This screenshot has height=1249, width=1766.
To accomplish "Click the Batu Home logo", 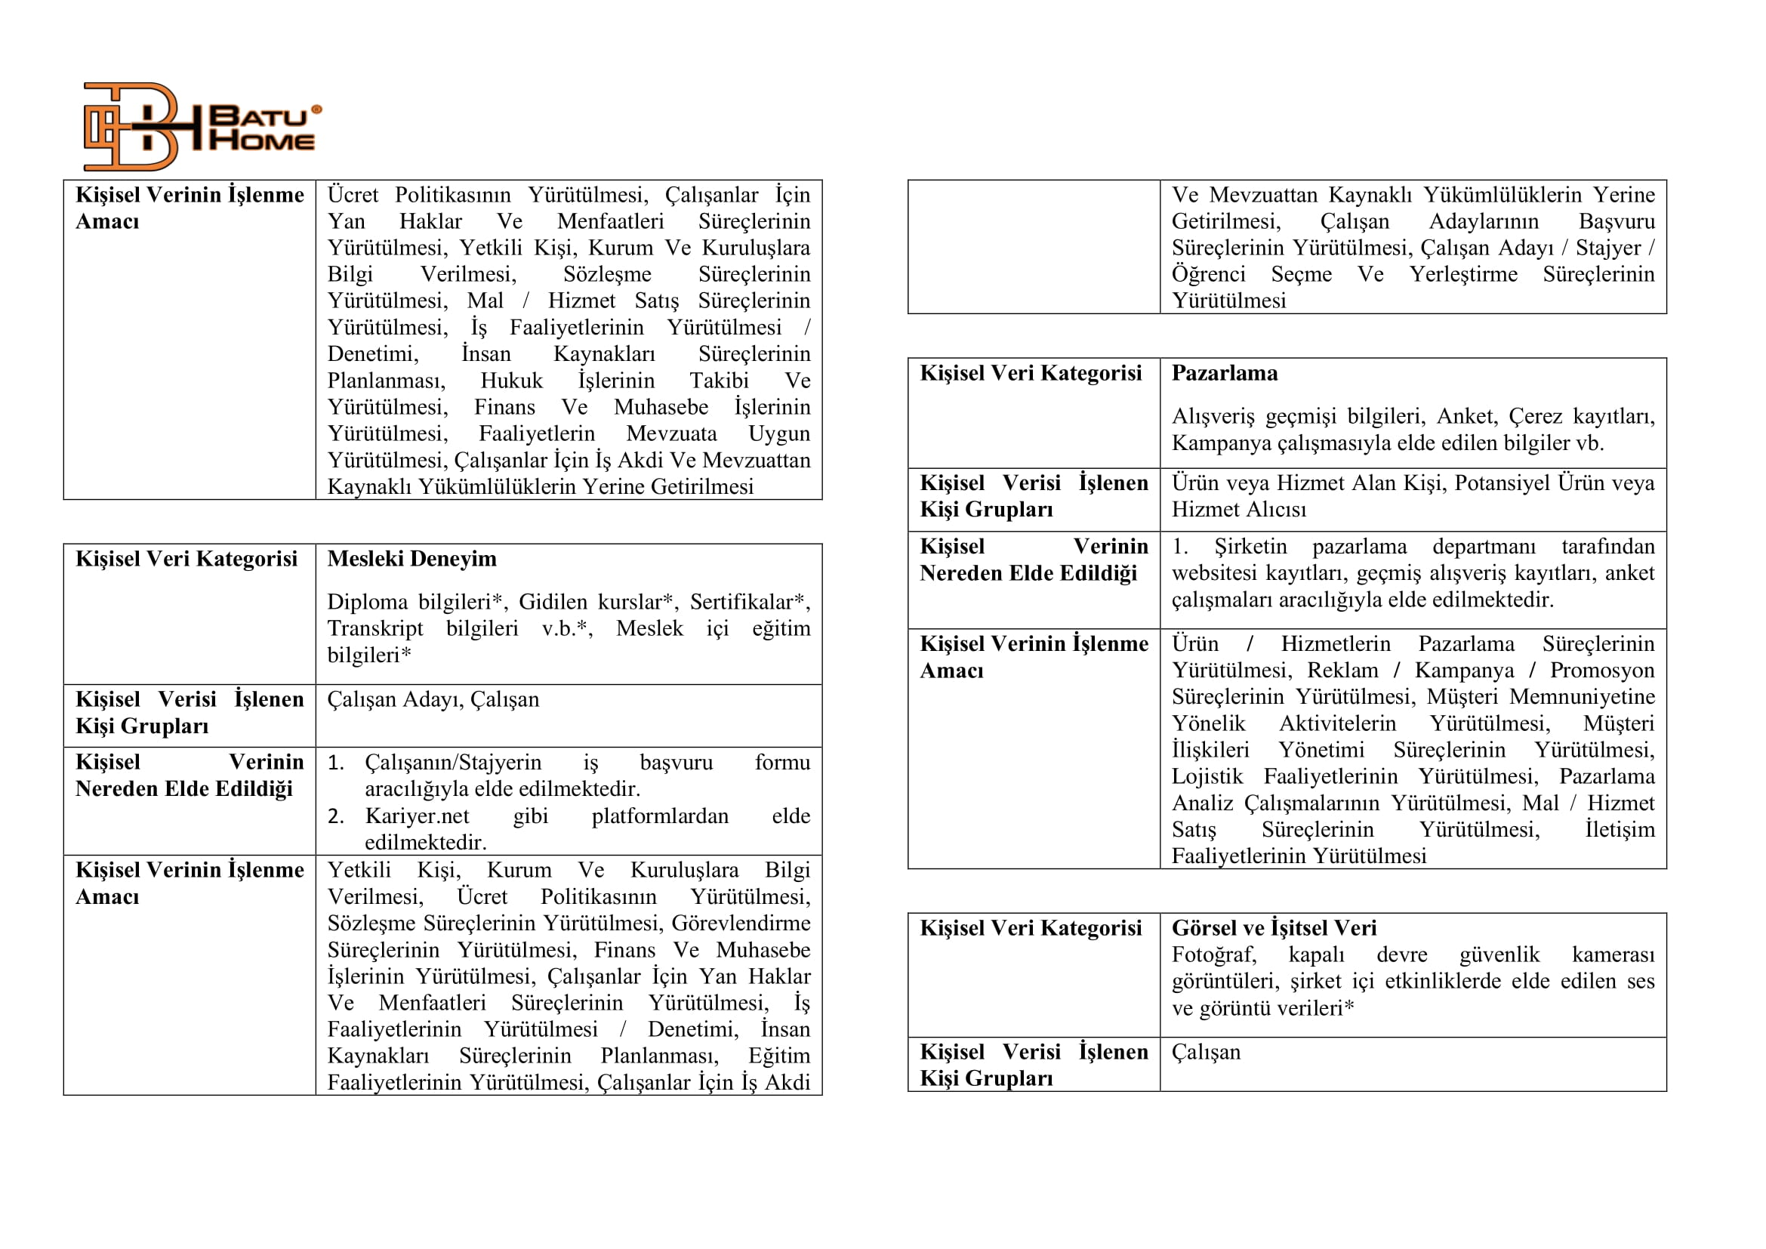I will pyautogui.click(x=202, y=127).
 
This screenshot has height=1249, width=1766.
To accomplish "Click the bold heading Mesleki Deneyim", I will pyautogui.click(x=411, y=558).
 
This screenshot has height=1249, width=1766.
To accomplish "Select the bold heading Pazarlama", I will pyautogui.click(x=1225, y=373).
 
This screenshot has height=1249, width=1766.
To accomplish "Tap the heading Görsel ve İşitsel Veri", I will pyautogui.click(x=1274, y=927).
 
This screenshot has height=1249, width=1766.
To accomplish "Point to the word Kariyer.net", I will pyautogui.click(x=417, y=816).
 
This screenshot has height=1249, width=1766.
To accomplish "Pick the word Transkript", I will pyautogui.click(x=374, y=628).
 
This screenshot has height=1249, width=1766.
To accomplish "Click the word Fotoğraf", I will pyautogui.click(x=1213, y=954).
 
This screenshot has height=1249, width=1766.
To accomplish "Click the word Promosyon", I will pyautogui.click(x=1601, y=670).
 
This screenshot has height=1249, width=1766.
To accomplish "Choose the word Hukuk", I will pyautogui.click(x=511, y=381).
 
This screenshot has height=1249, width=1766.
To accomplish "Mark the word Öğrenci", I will pyautogui.click(x=1208, y=275).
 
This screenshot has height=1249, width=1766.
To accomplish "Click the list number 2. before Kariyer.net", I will pyautogui.click(x=335, y=816).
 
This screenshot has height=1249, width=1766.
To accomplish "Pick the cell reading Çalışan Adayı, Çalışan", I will pyautogui.click(x=433, y=699).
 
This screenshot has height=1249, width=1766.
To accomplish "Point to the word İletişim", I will pyautogui.click(x=1620, y=829).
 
